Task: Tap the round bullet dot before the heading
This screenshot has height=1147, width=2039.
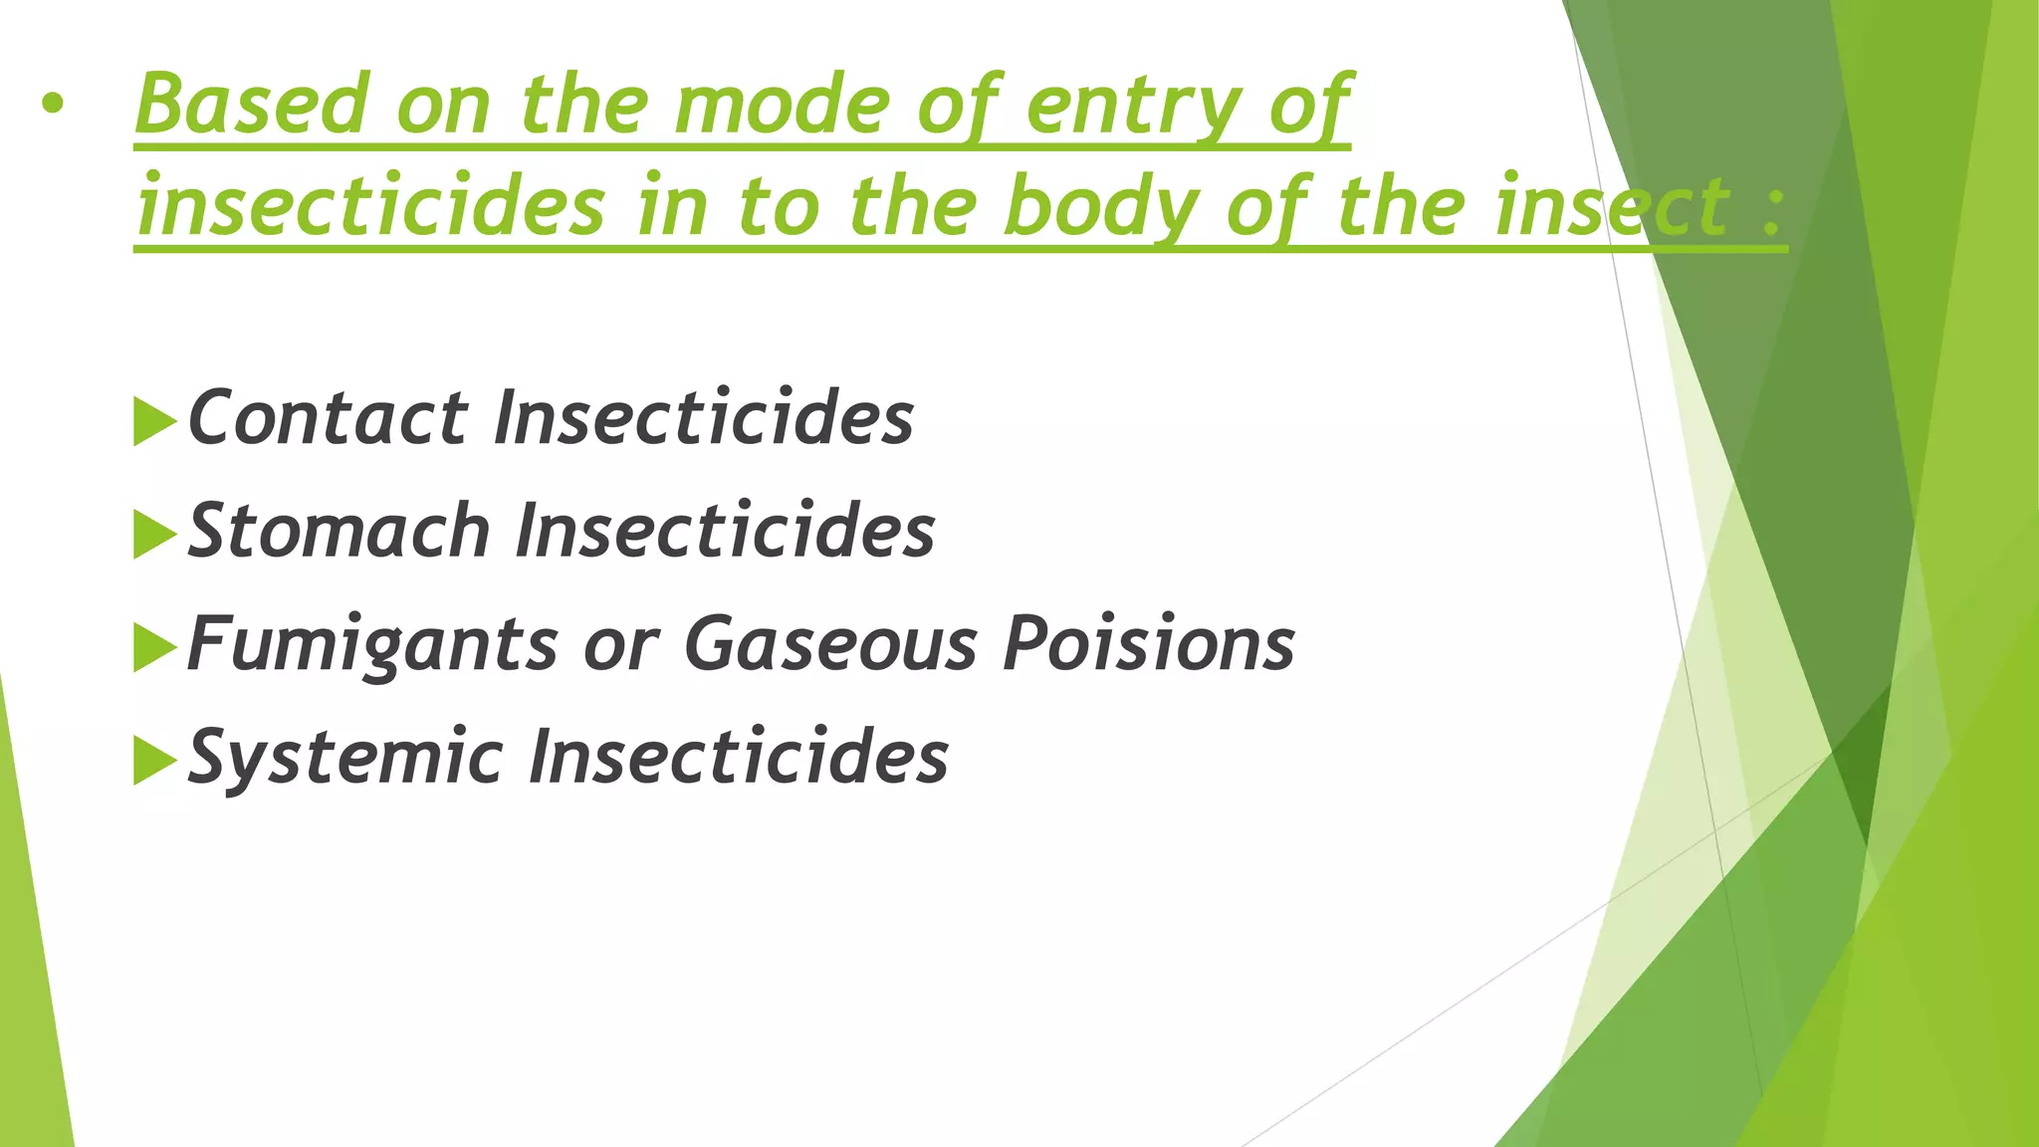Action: point(53,104)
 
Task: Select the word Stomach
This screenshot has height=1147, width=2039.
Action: point(339,531)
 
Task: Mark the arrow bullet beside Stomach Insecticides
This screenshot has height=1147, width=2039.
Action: point(153,534)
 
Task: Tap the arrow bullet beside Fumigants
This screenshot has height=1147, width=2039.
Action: point(153,647)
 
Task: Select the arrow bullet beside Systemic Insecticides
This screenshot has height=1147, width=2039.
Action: point(153,761)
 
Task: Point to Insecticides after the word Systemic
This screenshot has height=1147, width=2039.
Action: point(739,757)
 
